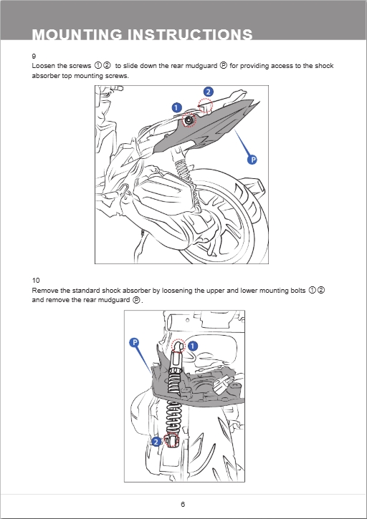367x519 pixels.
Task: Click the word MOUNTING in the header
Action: click(77, 34)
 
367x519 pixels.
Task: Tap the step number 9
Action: click(34, 57)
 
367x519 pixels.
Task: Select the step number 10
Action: click(36, 281)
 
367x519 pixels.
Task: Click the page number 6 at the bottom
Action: click(183, 505)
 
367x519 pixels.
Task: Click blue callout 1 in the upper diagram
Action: click(177, 107)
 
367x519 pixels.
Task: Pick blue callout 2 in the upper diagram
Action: click(208, 92)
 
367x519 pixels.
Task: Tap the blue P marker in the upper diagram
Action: click(252, 160)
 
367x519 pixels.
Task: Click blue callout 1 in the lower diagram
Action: click(193, 346)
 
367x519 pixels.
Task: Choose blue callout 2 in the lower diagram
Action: click(156, 442)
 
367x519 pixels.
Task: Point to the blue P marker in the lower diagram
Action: click(134, 343)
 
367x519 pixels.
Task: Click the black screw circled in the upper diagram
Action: click(190, 120)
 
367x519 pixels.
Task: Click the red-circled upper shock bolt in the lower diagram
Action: click(178, 346)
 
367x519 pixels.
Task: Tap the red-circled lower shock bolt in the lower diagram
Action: click(172, 440)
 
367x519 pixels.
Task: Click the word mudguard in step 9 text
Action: click(201, 66)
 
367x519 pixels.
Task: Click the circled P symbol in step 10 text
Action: click(136, 300)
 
